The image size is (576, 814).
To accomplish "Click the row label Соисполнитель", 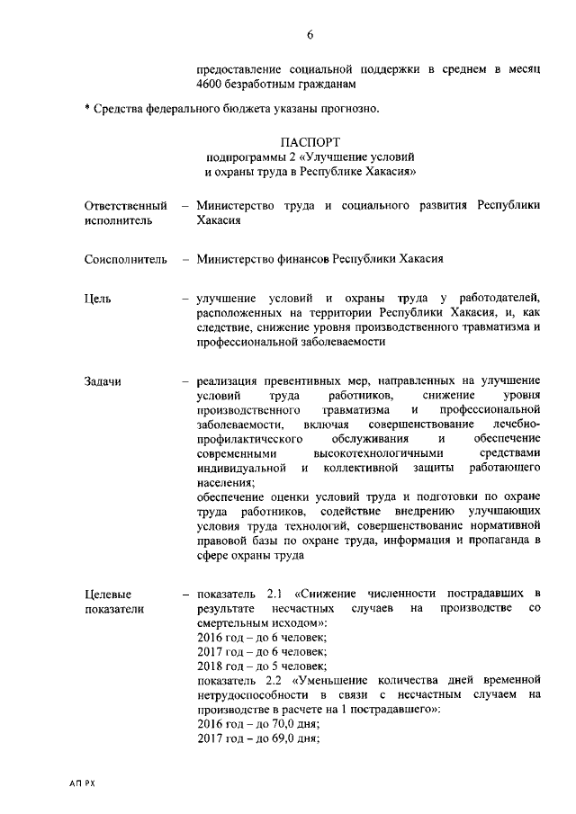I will (125, 259).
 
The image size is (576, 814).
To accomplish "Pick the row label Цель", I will (99, 298).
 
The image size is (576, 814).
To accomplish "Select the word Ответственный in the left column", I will (125, 205).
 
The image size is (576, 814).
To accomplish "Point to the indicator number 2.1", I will (276, 595).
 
